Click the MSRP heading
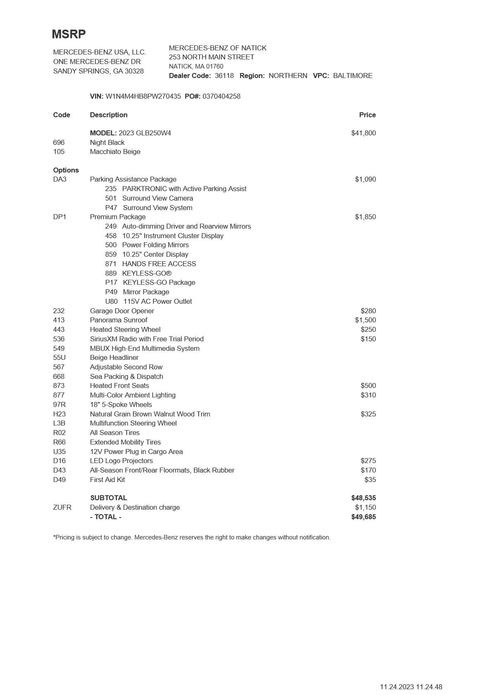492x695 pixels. point(69,34)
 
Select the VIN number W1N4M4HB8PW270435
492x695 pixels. point(143,97)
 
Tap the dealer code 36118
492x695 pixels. point(224,76)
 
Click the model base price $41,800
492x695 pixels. point(364,133)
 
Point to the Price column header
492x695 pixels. point(367,115)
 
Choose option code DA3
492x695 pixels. point(60,180)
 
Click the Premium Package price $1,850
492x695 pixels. point(365,217)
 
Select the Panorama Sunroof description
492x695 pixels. point(119,320)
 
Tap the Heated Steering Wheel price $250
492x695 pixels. point(368,330)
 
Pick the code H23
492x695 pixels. point(59,414)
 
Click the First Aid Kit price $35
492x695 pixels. point(370,480)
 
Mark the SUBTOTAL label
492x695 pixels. point(109,498)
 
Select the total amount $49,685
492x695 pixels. point(364,517)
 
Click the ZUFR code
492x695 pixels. point(62,508)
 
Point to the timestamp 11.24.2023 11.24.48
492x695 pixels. point(411,687)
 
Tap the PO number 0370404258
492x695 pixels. point(221,97)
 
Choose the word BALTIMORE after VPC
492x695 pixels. point(353,76)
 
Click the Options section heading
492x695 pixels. point(66,170)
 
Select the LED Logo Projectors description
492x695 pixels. point(121,461)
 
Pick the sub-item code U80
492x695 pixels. point(111,302)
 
